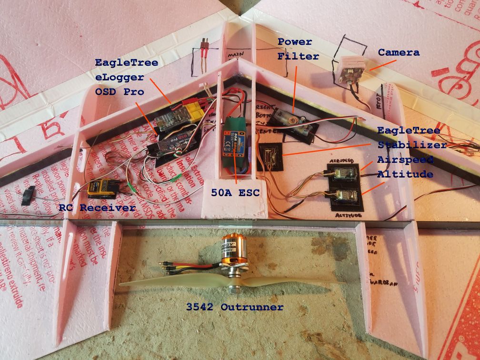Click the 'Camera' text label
pos(399,52)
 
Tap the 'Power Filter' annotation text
pos(295,48)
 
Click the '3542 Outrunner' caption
pos(235,307)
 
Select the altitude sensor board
pos(344,196)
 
